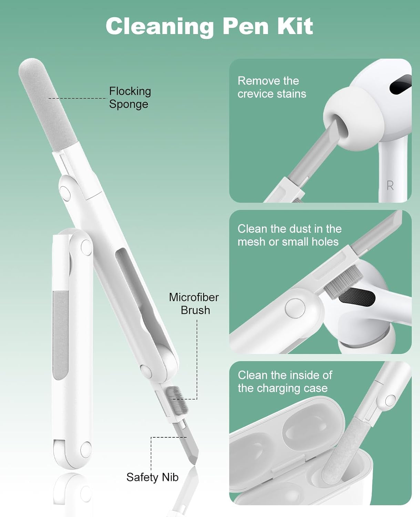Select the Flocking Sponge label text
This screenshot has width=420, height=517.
coord(130,98)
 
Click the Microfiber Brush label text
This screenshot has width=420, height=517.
coord(194,304)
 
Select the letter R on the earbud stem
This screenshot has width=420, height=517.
coord(390,186)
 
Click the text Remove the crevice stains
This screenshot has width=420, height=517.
coord(272,88)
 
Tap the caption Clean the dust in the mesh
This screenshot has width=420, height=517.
coord(289,235)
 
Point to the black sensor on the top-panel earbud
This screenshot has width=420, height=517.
coord(401,84)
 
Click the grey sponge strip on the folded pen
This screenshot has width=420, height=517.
coord(61,335)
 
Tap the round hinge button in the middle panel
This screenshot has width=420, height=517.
coord(295,308)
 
